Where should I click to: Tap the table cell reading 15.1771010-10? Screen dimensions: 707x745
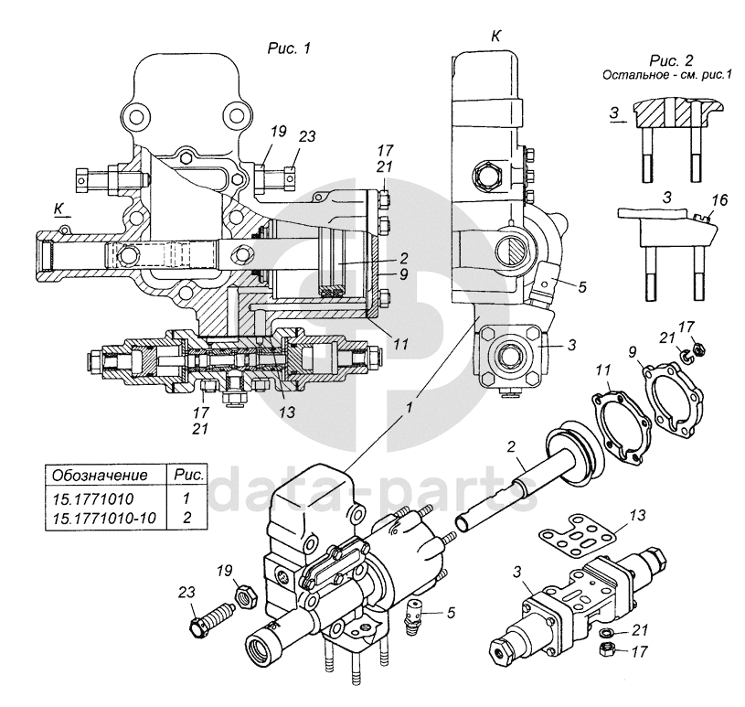107,519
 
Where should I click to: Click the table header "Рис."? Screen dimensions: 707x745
186,477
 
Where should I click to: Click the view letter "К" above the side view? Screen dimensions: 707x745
495,36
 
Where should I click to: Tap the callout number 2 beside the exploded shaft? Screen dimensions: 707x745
513,448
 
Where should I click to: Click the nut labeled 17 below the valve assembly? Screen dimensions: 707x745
605,650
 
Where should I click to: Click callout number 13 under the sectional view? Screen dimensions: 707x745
286,412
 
